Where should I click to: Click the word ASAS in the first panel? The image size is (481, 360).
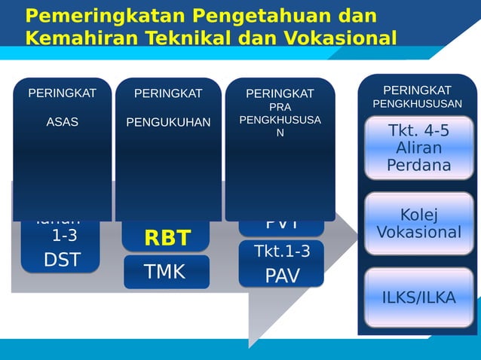point(62,122)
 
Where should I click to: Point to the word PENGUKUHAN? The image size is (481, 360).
point(168,122)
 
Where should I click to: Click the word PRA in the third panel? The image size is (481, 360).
point(280,108)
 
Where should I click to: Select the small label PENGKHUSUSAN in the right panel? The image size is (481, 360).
point(417,103)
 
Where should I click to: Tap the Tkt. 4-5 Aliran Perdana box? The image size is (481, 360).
point(419,148)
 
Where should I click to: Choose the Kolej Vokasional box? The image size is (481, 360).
point(419,224)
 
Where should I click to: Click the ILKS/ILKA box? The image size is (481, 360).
point(419,297)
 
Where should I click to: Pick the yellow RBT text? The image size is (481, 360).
point(167,239)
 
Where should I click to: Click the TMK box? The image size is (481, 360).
point(167,272)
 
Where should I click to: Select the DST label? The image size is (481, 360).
point(62,260)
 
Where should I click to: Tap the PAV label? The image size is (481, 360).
point(281,276)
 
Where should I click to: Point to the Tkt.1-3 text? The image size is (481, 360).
point(281,251)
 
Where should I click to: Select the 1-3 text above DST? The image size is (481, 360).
point(63,236)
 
